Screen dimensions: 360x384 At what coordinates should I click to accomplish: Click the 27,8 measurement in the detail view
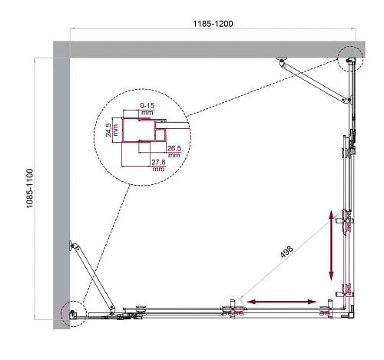(159, 163)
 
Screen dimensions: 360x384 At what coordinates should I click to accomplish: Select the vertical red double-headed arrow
(333, 246)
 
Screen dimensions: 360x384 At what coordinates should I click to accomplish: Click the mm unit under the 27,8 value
(159, 170)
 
